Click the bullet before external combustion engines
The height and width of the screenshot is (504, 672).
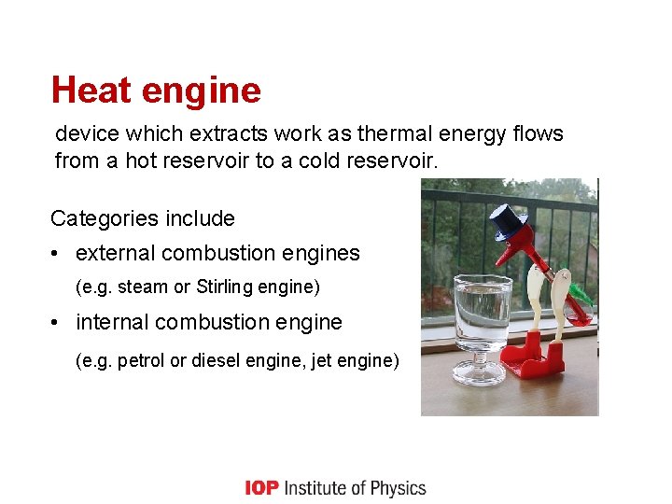pyautogui.click(x=58, y=254)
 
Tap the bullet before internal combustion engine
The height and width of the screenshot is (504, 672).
pyautogui.click(x=58, y=323)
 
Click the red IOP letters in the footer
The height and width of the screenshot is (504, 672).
pyautogui.click(x=262, y=488)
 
